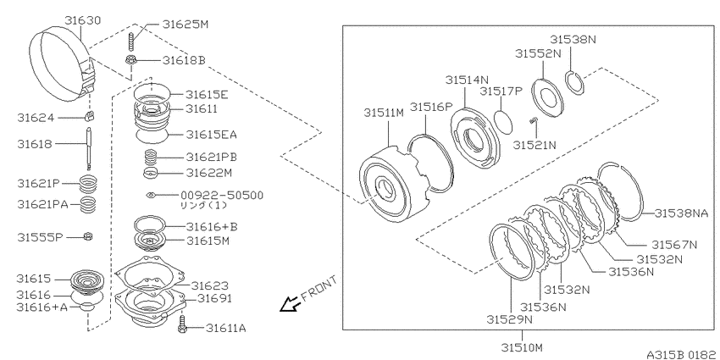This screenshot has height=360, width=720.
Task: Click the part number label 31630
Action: pyautogui.click(x=83, y=20)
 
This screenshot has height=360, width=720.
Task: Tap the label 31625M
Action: pyautogui.click(x=185, y=25)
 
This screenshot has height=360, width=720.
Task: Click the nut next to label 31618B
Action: pyautogui.click(x=130, y=59)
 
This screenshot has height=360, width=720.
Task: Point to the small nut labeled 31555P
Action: pyautogui.click(x=88, y=236)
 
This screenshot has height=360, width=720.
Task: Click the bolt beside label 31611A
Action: pyautogui.click(x=183, y=324)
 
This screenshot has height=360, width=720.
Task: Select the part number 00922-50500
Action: pyautogui.click(x=224, y=196)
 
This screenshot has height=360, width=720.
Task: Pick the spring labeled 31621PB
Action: pyautogui.click(x=151, y=158)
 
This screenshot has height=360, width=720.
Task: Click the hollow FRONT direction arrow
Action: pyautogui.click(x=290, y=303)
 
